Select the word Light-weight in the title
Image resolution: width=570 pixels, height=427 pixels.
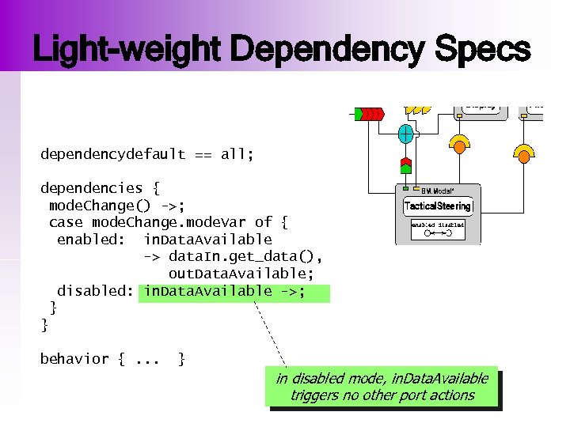coord(130,50)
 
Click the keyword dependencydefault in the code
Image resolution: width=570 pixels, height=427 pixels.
coord(112,154)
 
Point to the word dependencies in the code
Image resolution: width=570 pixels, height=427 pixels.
coord(92,188)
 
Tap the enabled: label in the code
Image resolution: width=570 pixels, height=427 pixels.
coord(90,240)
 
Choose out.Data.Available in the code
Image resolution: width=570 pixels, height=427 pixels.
coord(241,274)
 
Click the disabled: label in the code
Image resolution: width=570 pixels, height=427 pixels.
coord(95,291)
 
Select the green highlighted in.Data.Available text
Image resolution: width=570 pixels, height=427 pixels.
coord(234,292)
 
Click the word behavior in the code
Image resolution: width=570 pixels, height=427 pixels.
coord(74,359)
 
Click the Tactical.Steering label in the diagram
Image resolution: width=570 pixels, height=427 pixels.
coord(438,206)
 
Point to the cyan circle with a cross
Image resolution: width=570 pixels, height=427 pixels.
coord(405,134)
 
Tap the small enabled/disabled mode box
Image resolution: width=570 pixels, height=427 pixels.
coord(437,229)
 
